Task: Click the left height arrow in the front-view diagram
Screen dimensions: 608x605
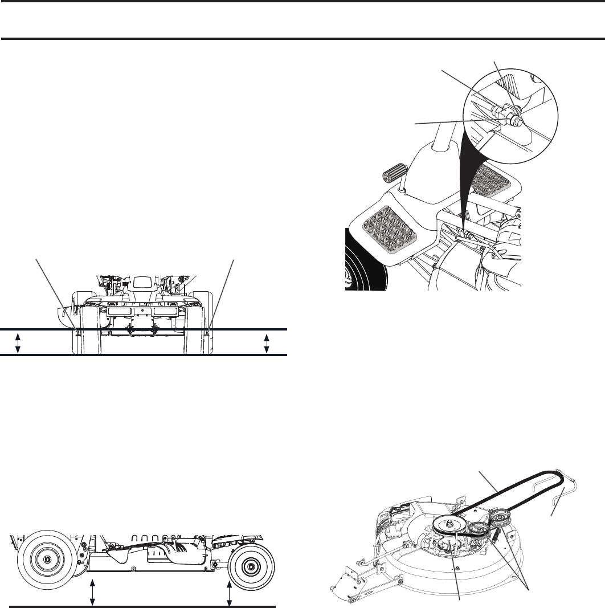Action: coord(18,342)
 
